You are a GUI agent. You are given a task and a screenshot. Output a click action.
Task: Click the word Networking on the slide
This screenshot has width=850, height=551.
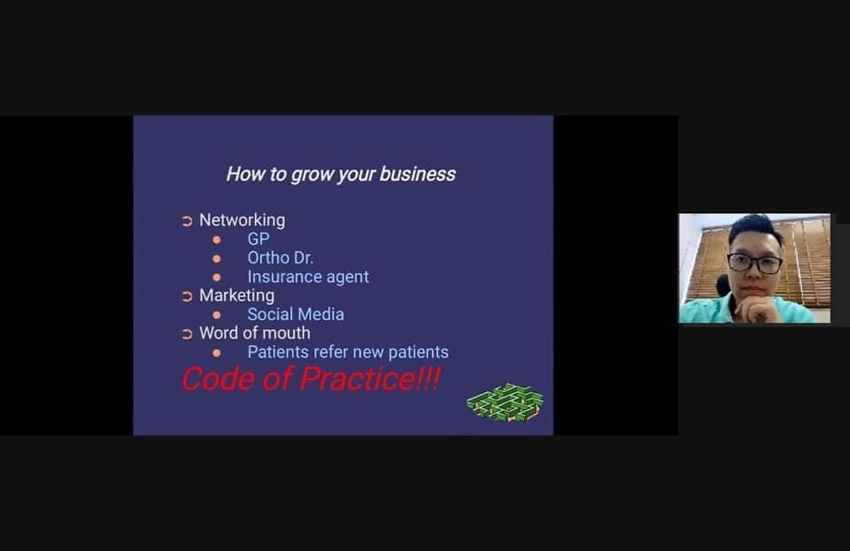[242, 221]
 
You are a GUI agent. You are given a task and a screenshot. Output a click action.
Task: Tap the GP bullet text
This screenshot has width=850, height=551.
[258, 238]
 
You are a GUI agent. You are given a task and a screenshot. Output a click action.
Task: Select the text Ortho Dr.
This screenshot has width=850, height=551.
[281, 258]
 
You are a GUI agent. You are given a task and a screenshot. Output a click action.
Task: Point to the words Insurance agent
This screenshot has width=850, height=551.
[308, 276]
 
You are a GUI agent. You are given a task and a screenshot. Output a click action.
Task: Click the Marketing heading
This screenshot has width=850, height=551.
[237, 296]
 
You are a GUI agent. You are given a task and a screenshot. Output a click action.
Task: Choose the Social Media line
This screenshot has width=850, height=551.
[296, 314]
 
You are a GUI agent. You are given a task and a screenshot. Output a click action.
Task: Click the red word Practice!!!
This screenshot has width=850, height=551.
[370, 378]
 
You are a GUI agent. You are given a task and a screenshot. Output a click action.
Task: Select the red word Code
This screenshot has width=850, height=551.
[218, 378]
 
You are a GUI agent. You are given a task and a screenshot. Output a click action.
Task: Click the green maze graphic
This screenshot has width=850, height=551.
[506, 402]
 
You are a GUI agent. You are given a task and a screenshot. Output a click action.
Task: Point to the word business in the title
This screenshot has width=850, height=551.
[417, 175]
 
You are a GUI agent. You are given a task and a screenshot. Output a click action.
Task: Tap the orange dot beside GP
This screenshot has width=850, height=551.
[217, 239]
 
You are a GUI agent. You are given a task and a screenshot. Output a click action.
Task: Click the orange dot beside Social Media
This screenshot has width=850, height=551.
[217, 314]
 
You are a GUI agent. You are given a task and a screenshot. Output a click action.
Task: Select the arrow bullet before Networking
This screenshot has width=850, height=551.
[187, 221]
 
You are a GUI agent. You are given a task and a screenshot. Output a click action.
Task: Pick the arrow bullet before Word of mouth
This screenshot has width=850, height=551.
[187, 334]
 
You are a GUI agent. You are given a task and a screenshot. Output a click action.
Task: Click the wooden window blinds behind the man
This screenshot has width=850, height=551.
[807, 260]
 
